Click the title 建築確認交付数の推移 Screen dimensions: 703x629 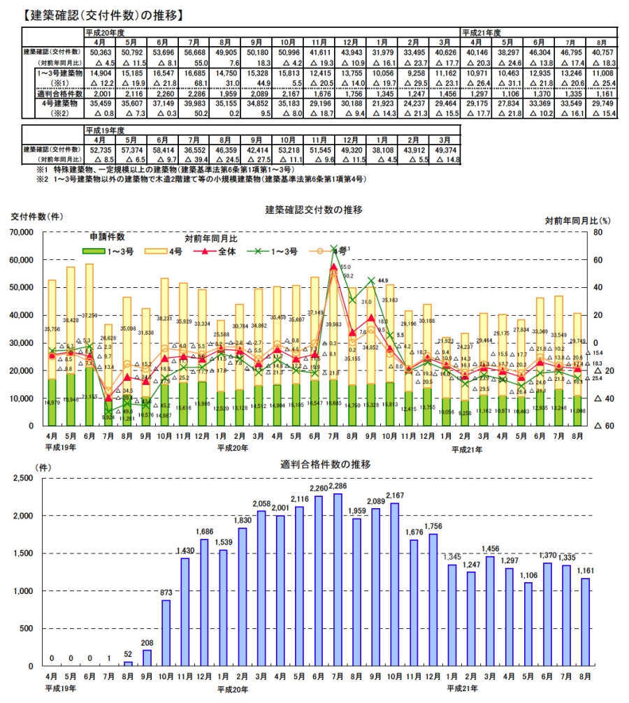[x=314, y=209]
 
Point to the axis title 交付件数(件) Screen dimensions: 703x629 [x=35, y=217]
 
